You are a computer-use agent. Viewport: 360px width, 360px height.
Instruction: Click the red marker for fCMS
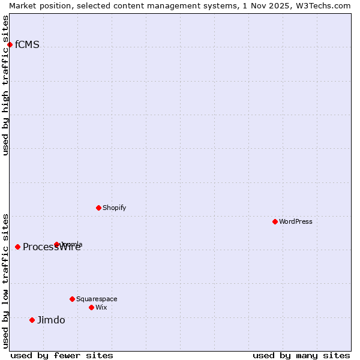pos(10,44)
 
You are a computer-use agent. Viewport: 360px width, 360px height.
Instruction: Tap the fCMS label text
pos(27,45)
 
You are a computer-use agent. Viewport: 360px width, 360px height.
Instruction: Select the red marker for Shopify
pos(98,208)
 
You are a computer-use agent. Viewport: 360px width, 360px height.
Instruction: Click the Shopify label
pos(114,208)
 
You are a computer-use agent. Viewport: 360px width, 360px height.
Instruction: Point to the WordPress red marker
pos(275,221)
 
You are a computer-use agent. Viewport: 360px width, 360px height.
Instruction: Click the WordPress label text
pos(295,222)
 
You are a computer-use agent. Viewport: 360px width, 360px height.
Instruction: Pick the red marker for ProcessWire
pos(17,247)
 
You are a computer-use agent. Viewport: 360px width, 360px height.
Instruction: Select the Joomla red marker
pos(56,244)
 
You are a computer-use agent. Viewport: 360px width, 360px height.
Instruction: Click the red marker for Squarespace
pos(72,299)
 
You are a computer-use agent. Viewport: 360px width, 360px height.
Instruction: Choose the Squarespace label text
pos(97,299)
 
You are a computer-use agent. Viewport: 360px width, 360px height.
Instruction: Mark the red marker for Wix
pos(91,307)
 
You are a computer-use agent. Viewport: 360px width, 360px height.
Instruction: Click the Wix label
pos(101,308)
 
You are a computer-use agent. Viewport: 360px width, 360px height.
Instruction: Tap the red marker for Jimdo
pos(32,320)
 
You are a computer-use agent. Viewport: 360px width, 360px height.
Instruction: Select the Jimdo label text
pos(51,320)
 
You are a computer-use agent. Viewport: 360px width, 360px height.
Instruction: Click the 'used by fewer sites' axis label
pos(62,356)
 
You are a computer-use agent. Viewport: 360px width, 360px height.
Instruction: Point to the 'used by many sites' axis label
pos(301,356)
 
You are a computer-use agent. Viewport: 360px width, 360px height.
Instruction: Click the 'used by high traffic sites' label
pos(5,85)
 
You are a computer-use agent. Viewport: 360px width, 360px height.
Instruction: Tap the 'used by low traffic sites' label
pos(5,281)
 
